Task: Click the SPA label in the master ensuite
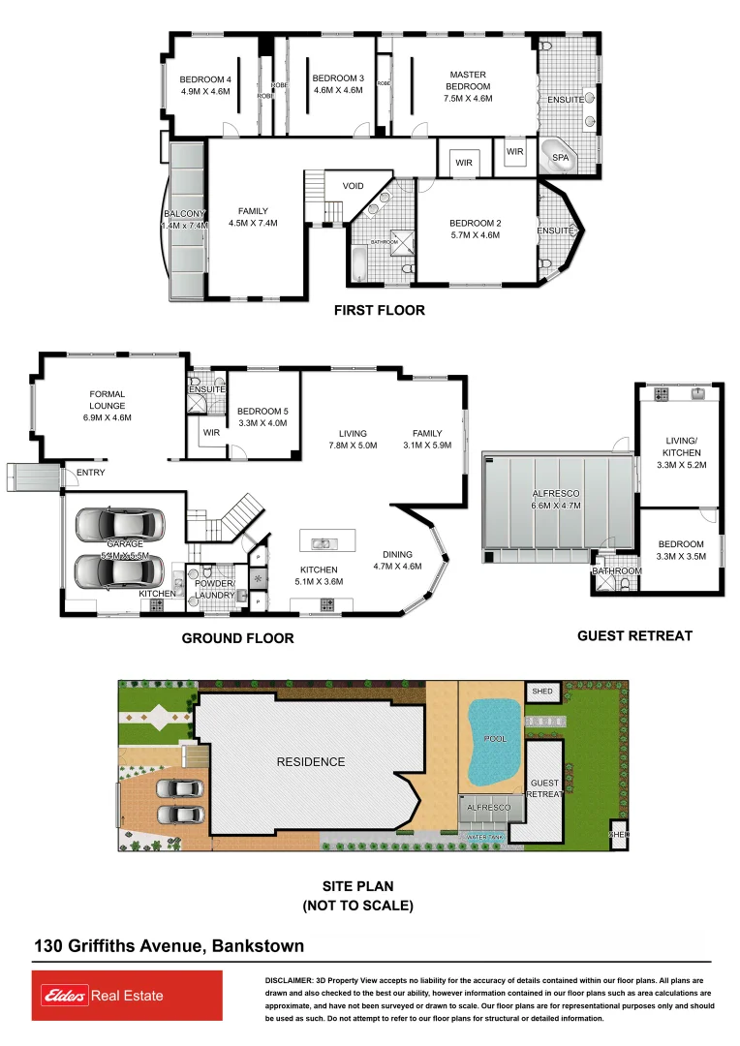[560, 157]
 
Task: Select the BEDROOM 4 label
[204, 78]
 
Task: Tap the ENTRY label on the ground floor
[90, 473]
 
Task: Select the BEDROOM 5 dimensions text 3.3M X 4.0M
[262, 423]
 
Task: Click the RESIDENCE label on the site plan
[310, 761]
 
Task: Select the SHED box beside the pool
[542, 692]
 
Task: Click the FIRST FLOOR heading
[379, 311]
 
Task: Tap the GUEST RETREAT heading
[634, 636]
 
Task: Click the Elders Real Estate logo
[127, 996]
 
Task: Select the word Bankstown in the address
[257, 946]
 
